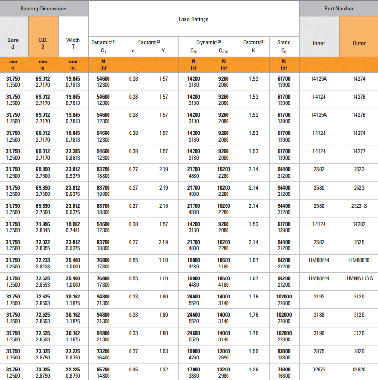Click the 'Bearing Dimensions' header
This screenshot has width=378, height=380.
[x=43, y=9]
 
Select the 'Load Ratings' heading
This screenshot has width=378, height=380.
[x=194, y=20]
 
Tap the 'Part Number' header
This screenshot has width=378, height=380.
[x=339, y=9]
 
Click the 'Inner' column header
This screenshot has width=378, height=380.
[x=319, y=43]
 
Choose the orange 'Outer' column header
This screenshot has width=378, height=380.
[x=359, y=43]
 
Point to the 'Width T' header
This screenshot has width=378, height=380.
[x=73, y=43]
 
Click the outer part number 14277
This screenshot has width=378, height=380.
[x=359, y=151]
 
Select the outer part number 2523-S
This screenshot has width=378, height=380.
[x=359, y=206]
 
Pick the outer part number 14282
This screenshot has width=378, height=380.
[x=359, y=224]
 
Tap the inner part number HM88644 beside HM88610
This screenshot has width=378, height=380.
[x=319, y=260]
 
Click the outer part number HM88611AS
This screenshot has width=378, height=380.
[x=359, y=278]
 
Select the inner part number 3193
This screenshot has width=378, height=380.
[x=319, y=297]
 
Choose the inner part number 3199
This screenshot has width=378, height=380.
[x=319, y=333]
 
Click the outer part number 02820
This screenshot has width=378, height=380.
[x=359, y=370]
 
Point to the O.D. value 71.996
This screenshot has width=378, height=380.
[x=43, y=224]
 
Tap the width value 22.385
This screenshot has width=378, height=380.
[x=73, y=151]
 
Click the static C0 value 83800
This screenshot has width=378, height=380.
[x=284, y=351]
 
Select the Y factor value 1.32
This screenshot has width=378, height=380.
[x=163, y=370]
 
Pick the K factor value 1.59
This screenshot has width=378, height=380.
[x=254, y=351]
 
